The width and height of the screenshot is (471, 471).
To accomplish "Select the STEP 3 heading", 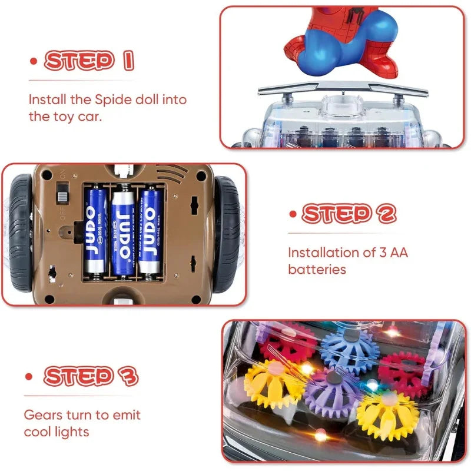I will coord(91,376).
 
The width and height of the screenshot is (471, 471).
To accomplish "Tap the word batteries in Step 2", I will coord(317,269).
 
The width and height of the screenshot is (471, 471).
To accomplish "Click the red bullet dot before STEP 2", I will coord(292,213).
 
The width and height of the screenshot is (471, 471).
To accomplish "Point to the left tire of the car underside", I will coord(21,233).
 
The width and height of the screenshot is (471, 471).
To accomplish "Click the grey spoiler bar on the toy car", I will coord(343,88).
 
